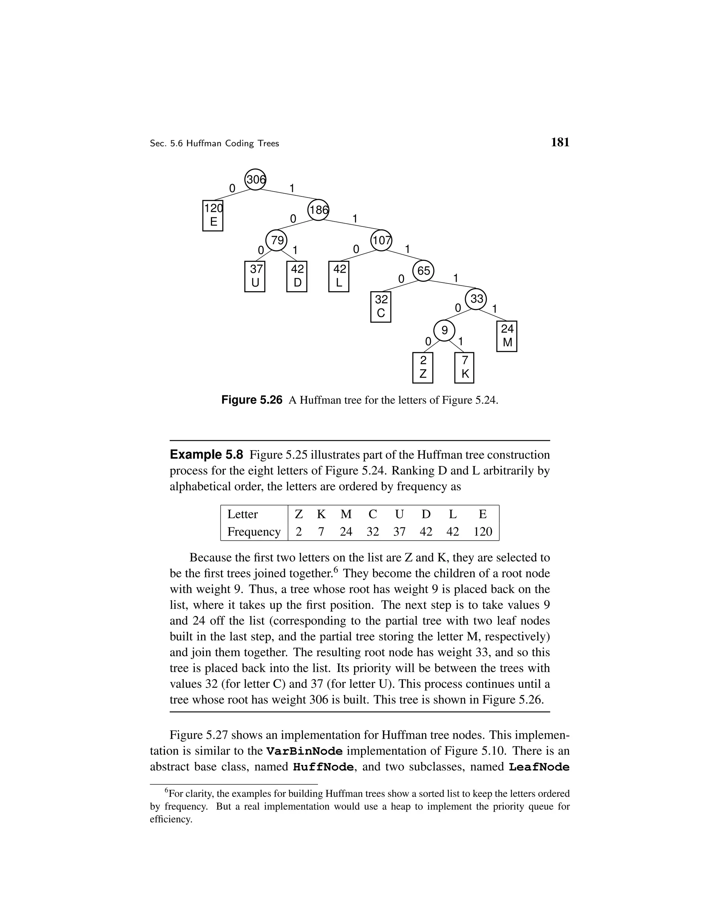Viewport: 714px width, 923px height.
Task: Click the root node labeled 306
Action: [255, 180]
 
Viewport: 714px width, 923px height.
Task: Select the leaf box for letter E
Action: [213, 215]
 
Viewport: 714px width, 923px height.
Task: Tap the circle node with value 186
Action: [318, 210]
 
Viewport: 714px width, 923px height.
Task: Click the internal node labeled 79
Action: [276, 240]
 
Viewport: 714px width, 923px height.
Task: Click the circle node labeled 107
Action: [381, 240]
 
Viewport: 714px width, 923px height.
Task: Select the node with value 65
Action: [423, 271]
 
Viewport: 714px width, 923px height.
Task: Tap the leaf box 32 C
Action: [380, 307]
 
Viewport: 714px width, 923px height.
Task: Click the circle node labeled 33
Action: [476, 299]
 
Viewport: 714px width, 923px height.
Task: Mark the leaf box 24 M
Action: [506, 336]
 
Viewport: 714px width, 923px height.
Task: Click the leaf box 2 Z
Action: [423, 367]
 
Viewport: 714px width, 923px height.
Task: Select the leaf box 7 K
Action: [464, 367]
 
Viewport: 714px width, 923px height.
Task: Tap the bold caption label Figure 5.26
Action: [252, 400]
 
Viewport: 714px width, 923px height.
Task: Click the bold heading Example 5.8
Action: [206, 455]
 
